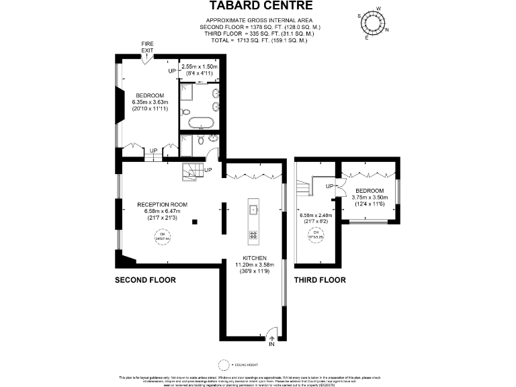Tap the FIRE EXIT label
pyautogui.click(x=146, y=47)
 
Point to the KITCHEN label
pyautogui.click(x=251, y=258)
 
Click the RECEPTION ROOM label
pyautogui.click(x=162, y=204)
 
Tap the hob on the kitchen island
pyautogui.click(x=254, y=234)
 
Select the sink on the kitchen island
pyautogui.click(x=254, y=210)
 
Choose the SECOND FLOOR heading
pyautogui.click(x=145, y=279)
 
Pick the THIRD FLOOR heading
pyautogui.click(x=320, y=279)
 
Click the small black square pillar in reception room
pyautogui.click(x=194, y=221)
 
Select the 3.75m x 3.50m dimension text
pyautogui.click(x=370, y=198)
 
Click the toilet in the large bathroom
pyautogui.click(x=186, y=112)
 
